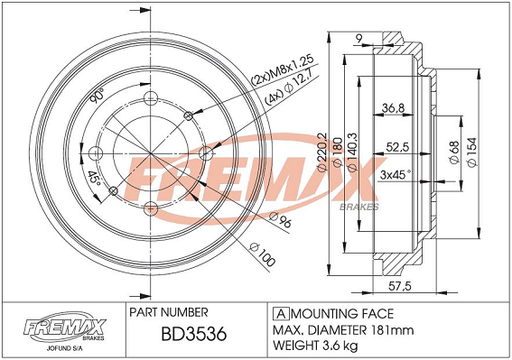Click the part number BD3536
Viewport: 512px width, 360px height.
coord(193,334)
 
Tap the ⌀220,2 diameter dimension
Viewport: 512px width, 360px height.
coord(322,152)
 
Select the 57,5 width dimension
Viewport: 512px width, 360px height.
coord(400,286)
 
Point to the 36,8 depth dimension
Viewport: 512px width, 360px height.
coord(393,107)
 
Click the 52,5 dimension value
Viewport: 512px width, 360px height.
coord(397,147)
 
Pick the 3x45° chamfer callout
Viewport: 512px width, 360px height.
coord(395,175)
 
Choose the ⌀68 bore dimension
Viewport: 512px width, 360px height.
coord(454,152)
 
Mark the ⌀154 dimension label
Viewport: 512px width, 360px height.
coord(472,152)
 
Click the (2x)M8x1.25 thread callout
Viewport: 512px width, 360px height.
coord(282,69)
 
